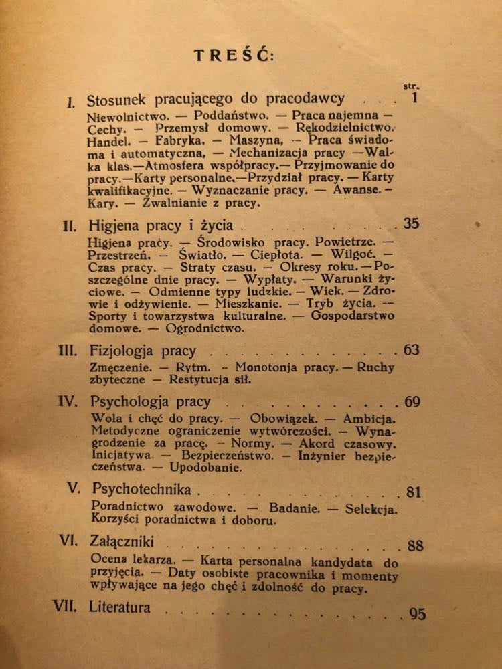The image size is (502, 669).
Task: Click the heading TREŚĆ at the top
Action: point(234,56)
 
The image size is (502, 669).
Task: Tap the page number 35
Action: point(411,223)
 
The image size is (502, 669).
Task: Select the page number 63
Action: point(411,349)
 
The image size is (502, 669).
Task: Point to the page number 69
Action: point(412,402)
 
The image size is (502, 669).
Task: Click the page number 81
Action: point(414,492)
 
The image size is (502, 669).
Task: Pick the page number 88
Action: point(415,546)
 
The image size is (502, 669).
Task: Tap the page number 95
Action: point(417,613)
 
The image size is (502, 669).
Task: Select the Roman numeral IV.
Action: point(68,402)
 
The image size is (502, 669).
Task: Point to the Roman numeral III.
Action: point(68,350)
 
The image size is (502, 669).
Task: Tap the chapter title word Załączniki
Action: point(121,541)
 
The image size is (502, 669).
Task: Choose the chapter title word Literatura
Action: point(119,607)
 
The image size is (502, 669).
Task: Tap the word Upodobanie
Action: point(205,468)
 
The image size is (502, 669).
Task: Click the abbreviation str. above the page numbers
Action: point(411,86)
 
